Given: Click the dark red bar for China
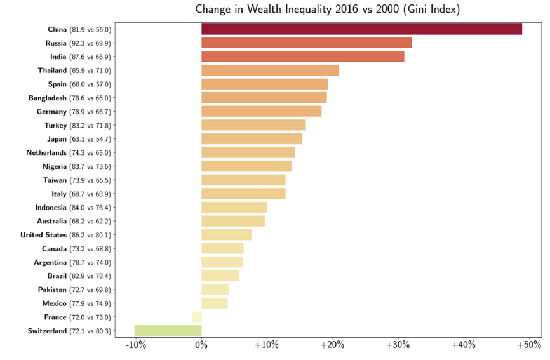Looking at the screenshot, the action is pos(361,29).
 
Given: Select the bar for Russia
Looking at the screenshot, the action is pos(307,43).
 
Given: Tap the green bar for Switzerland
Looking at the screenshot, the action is pos(168,331).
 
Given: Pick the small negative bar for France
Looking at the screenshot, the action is pos(197,317).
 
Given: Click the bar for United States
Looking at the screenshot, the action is pos(226,234).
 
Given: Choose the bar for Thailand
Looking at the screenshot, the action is pos(270,70).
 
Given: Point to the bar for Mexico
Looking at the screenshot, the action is pos(215,303).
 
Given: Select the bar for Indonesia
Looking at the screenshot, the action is pos(234,207).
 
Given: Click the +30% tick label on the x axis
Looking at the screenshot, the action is pos(398,345).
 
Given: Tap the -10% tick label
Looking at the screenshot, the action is pos(136,345).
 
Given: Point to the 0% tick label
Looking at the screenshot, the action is pos(201,345).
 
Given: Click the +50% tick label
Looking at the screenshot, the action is pos(529,345).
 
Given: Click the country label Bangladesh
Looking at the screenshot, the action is pos(48,98).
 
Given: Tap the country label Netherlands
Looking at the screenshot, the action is pos(46,152).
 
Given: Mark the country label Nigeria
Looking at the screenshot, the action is pos(55,166).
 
